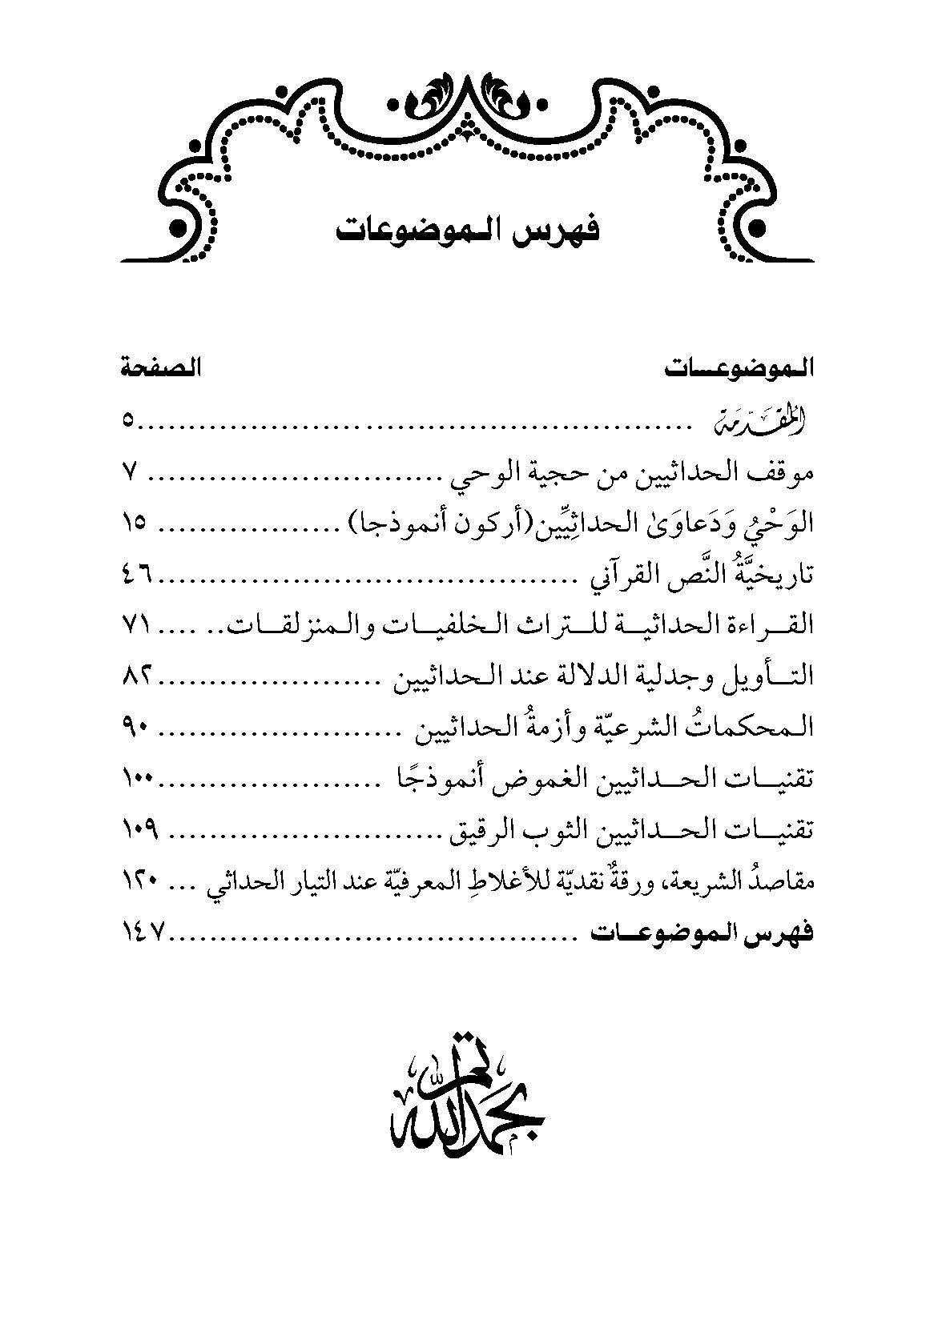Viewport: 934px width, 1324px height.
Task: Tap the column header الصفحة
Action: click(x=161, y=371)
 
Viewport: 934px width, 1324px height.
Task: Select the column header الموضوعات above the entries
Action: click(x=739, y=371)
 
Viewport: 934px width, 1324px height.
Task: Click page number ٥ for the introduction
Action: click(x=128, y=423)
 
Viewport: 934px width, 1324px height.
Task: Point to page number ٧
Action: click(x=131, y=473)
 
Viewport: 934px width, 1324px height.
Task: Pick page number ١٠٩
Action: click(x=140, y=829)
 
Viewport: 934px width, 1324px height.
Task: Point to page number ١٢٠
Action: click(x=140, y=881)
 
